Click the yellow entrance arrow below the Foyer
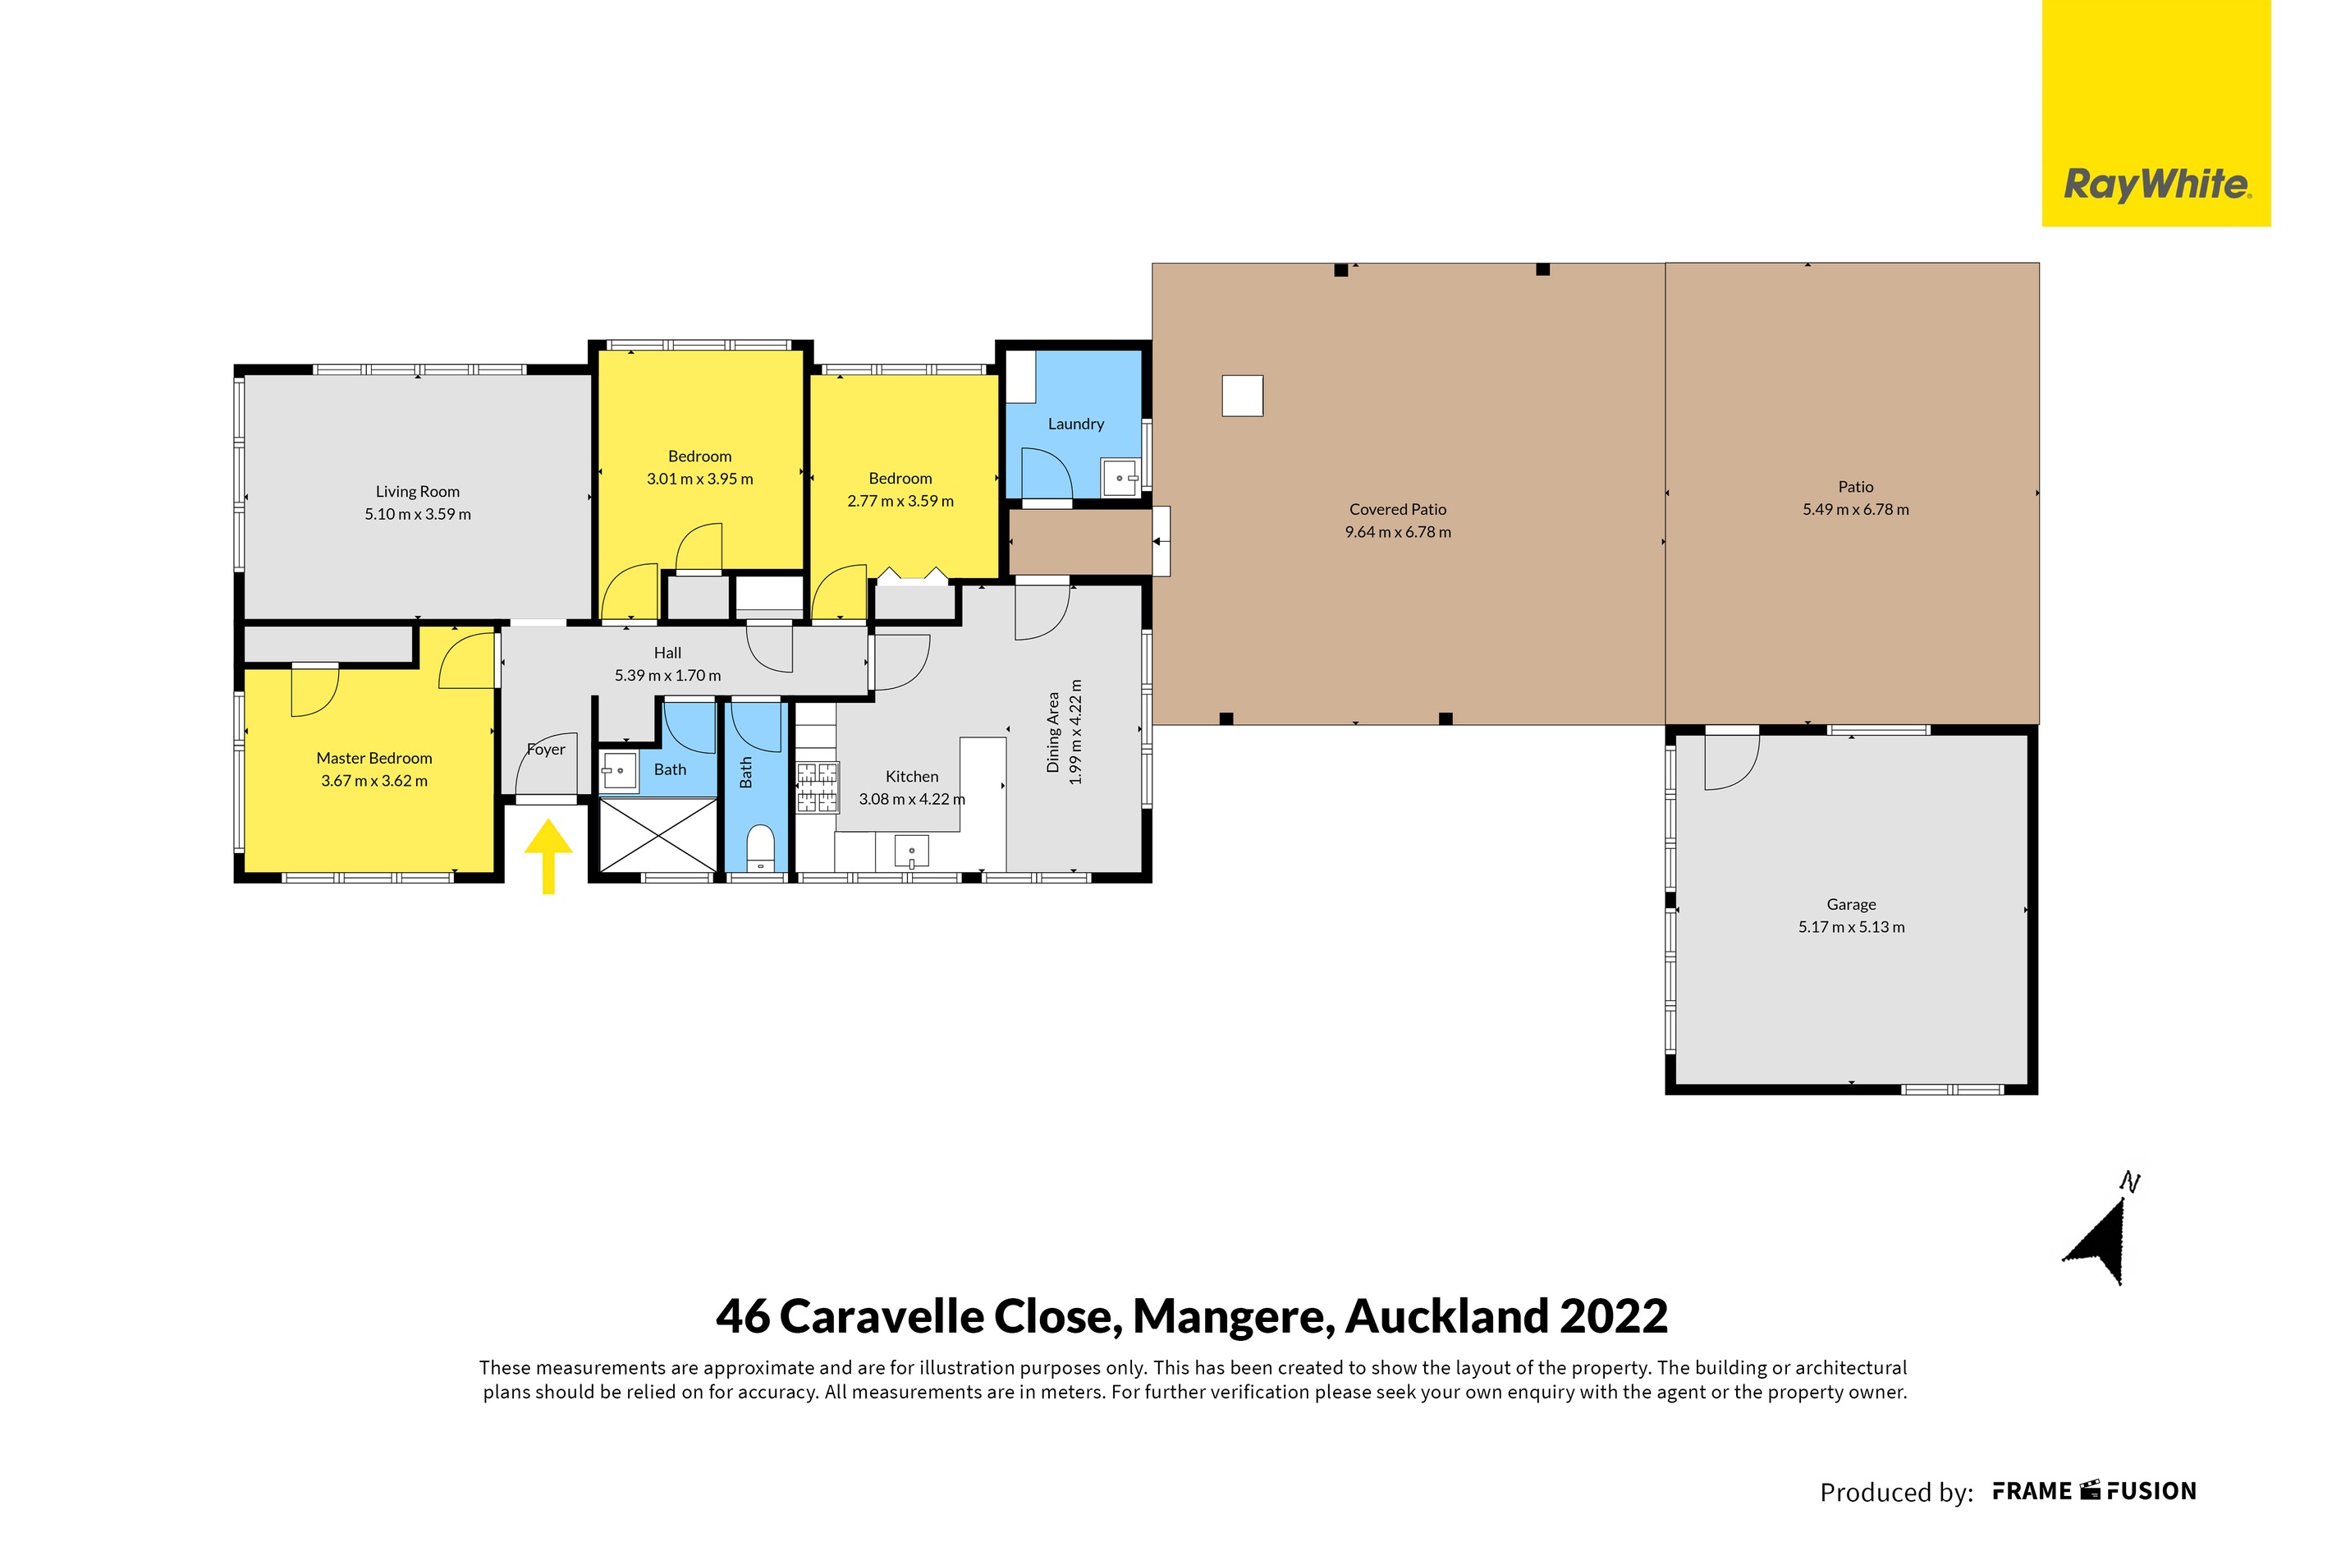(547, 856)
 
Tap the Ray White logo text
(2156, 185)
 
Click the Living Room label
(418, 491)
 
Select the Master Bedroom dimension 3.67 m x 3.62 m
(374, 781)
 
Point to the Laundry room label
(1075, 424)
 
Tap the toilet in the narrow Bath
(760, 847)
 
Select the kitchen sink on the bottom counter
(912, 851)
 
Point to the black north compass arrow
(2100, 1242)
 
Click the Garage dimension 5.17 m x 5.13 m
(1851, 927)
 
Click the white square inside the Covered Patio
(1242, 395)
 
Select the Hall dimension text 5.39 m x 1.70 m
(667, 675)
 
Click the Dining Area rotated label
(1053, 732)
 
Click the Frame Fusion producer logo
(2094, 1491)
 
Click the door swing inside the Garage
(1728, 762)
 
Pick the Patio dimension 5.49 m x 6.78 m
(1855, 509)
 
